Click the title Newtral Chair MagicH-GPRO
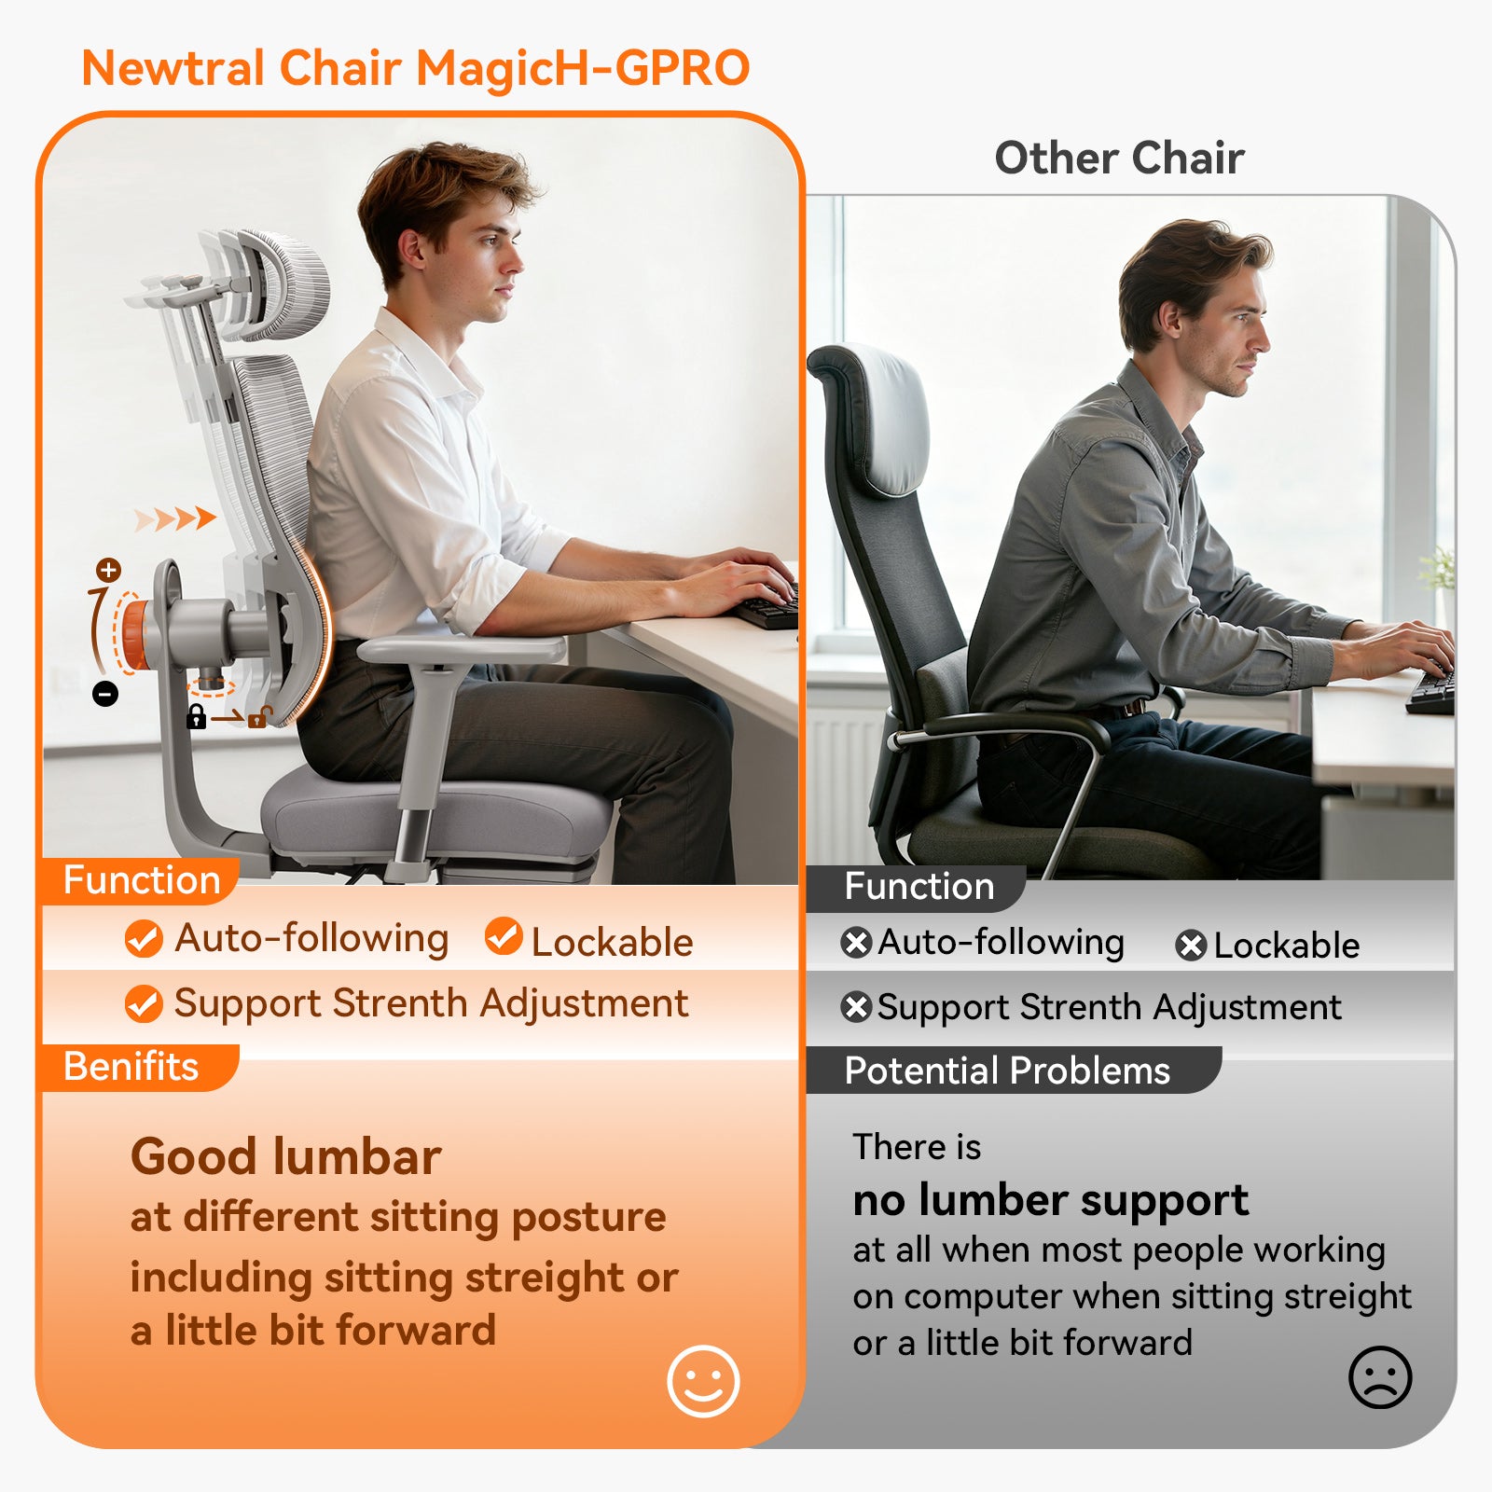point(416,68)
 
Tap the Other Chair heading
point(1119,158)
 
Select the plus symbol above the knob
point(109,570)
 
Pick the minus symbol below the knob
point(105,694)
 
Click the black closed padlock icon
point(196,716)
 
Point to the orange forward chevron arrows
point(175,519)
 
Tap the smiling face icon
point(703,1381)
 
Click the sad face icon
point(1380,1377)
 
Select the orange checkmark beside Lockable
point(504,936)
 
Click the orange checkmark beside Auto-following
point(144,938)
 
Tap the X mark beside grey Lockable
point(1191,946)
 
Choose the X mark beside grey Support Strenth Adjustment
point(856,1007)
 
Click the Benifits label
point(131,1067)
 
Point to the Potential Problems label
point(1007,1071)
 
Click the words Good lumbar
point(285,1157)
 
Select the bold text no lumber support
point(1050,1200)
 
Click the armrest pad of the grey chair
point(462,649)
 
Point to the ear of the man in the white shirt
point(411,249)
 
